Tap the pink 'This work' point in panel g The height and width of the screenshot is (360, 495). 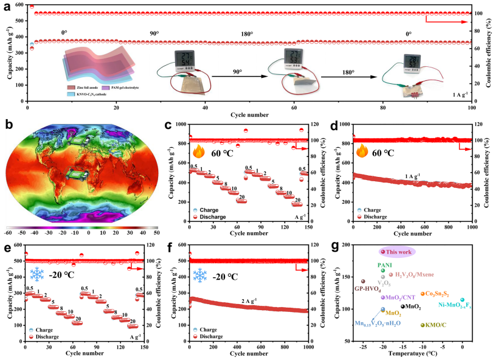tap(383, 251)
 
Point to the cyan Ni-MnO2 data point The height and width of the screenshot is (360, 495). tap(463, 300)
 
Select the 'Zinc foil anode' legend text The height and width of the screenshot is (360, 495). tap(88, 88)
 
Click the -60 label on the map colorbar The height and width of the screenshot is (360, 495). tap(7, 232)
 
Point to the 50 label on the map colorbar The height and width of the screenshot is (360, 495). tap(156, 232)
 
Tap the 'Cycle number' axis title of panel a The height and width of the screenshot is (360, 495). tap(249, 115)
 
